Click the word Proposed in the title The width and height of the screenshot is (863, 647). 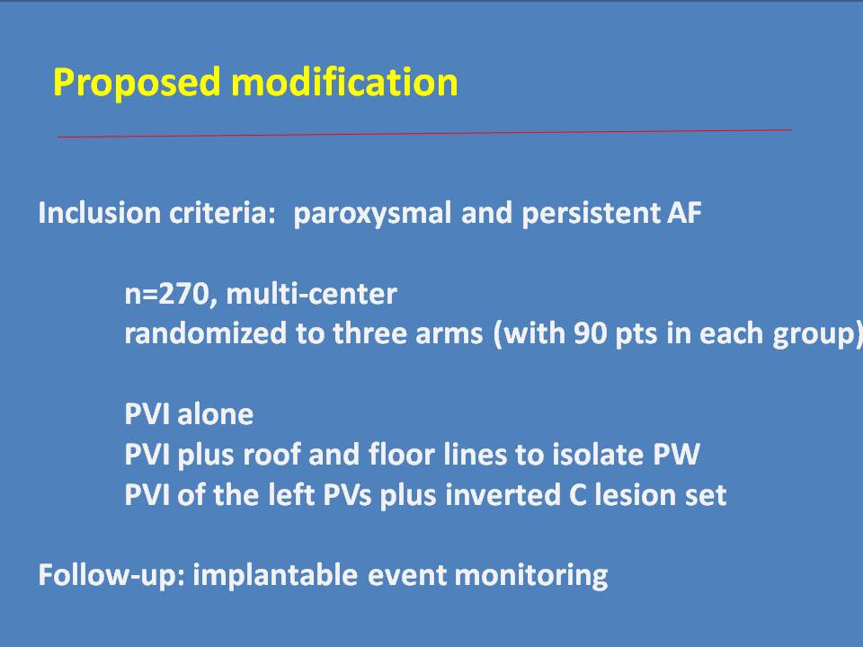137,83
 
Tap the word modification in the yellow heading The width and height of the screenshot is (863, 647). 344,82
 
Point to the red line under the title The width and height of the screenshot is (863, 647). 424,133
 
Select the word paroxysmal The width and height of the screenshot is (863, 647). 372,214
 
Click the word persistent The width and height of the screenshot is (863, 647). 590,214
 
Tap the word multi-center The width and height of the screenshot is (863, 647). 312,294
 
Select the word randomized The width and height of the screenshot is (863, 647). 205,333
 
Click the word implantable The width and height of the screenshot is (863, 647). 275,575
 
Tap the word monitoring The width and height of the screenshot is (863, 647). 531,576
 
